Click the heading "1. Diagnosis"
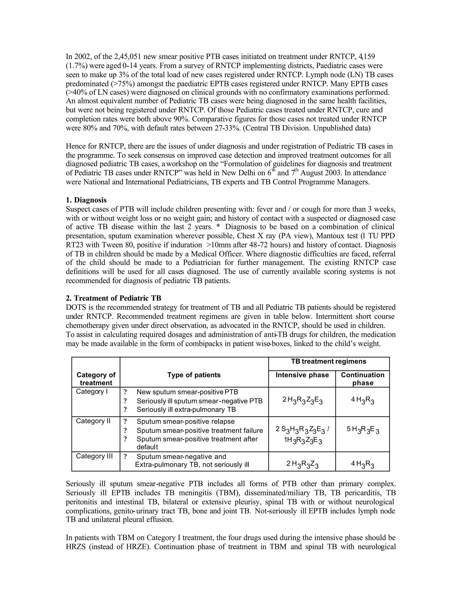point(86,200)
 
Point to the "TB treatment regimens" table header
point(328,361)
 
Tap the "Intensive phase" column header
point(302,375)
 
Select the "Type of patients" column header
point(194,375)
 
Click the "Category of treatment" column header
point(96,379)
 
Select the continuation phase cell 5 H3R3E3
point(363,430)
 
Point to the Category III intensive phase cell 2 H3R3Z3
point(302,464)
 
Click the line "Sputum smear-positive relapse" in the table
point(186,421)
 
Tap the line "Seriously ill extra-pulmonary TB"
point(186,410)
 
